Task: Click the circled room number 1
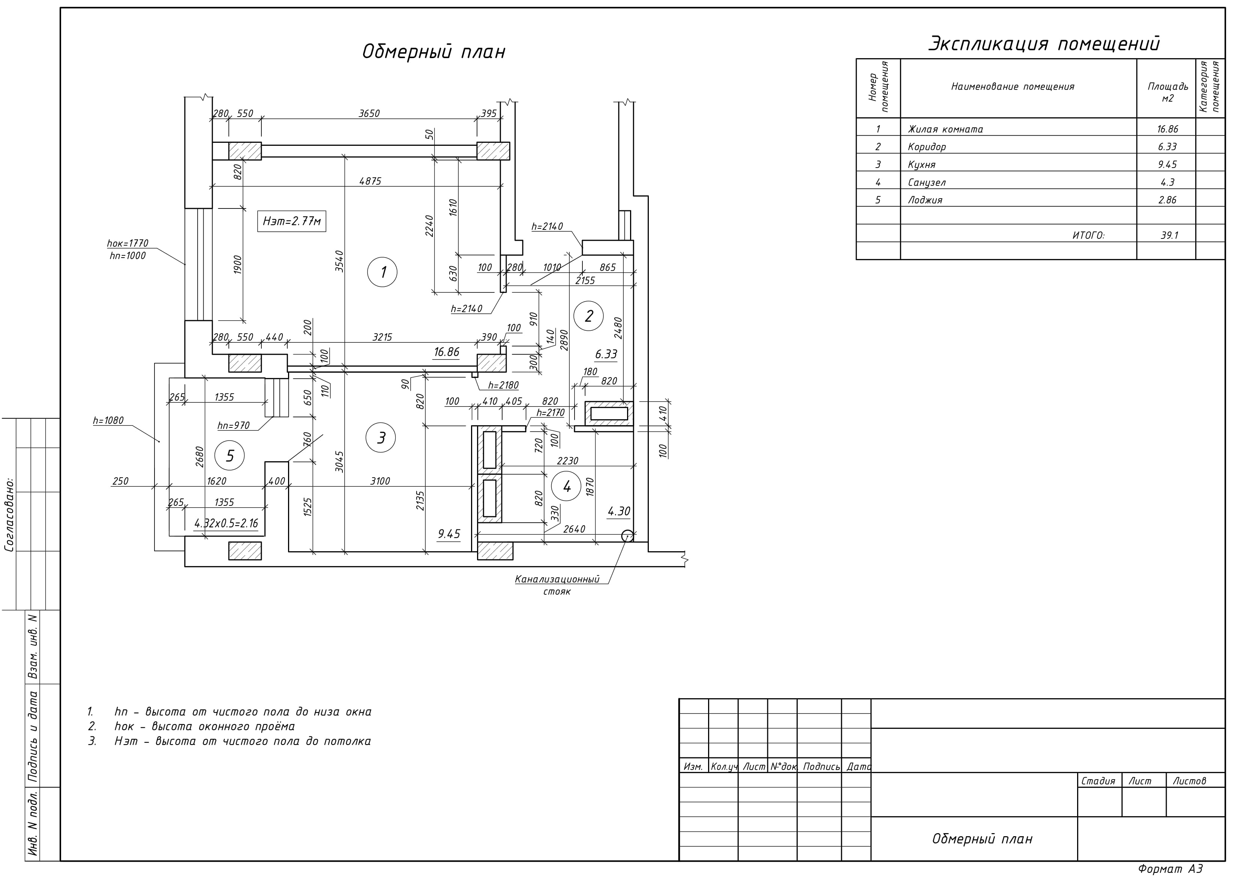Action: click(382, 272)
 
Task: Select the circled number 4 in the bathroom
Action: click(566, 486)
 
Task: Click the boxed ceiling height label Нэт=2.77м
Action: click(292, 221)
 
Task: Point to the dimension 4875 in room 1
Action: click(370, 181)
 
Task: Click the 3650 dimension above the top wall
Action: click(369, 114)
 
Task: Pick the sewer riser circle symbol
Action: click(627, 536)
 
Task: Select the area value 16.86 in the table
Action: click(1168, 129)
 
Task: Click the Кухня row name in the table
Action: click(921, 164)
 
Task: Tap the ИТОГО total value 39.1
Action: click(1169, 235)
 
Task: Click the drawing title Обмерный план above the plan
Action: click(434, 52)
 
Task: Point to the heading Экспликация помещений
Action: click(1044, 44)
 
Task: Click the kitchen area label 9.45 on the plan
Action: click(449, 534)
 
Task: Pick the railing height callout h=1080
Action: click(108, 420)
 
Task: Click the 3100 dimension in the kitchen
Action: click(380, 481)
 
